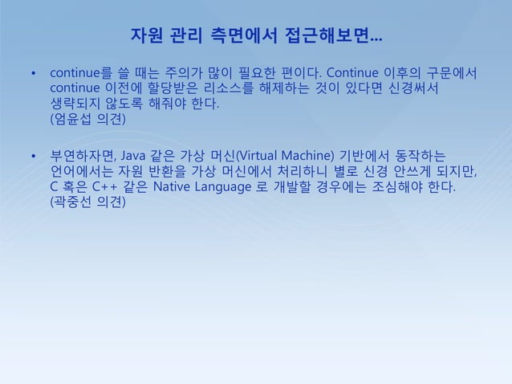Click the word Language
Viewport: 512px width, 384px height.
coord(233,187)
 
